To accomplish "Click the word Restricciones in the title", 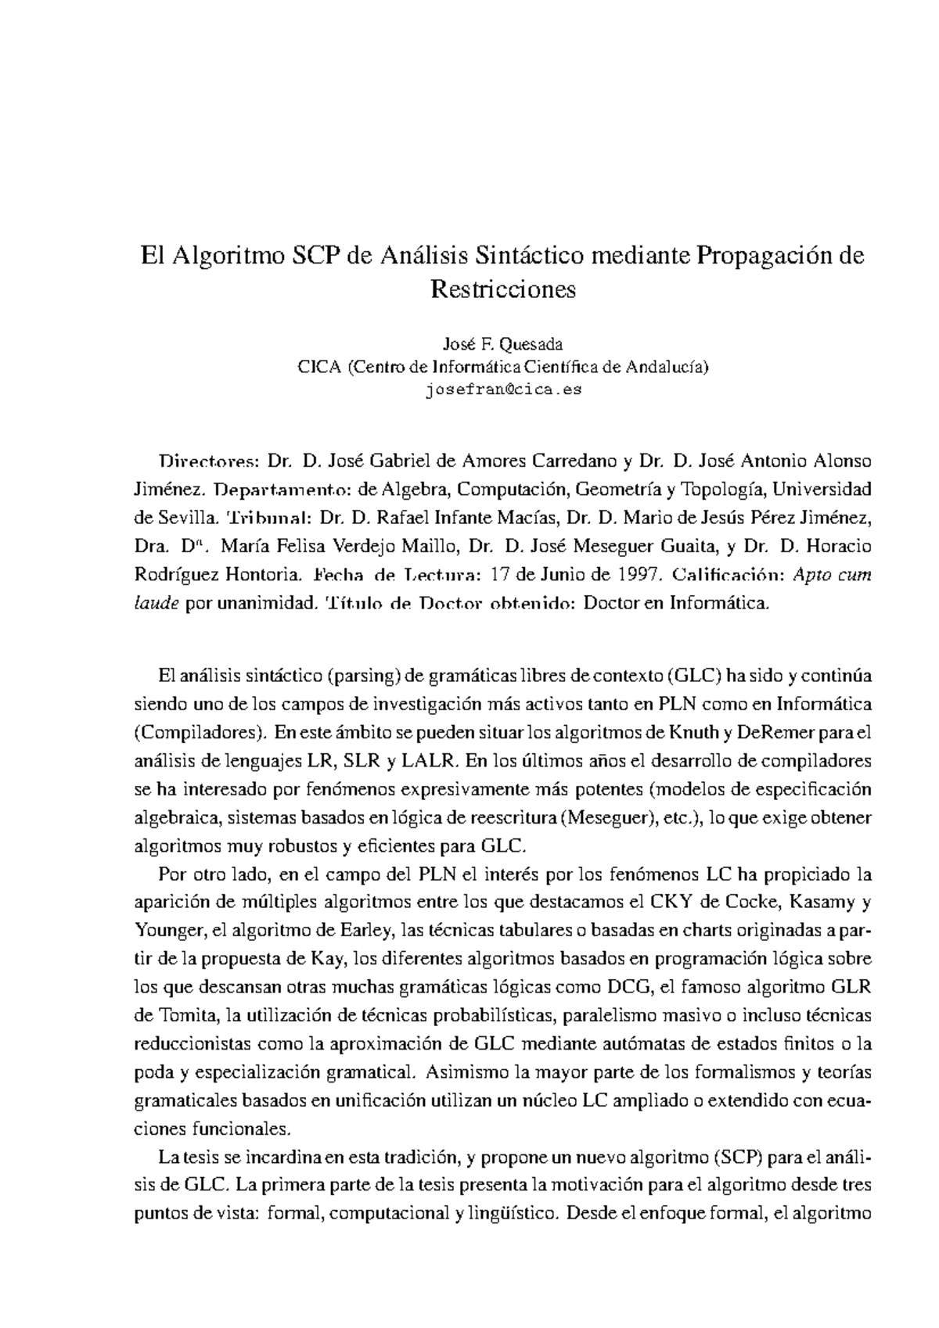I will point(502,289).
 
